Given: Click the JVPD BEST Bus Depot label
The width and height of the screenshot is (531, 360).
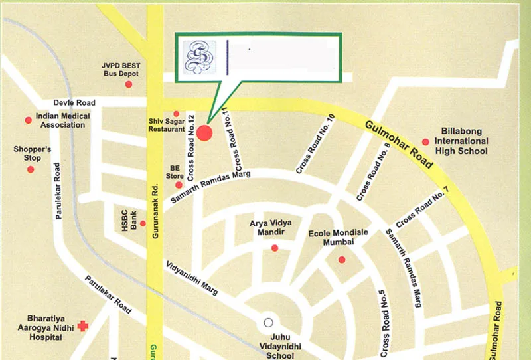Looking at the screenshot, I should pyautogui.click(x=121, y=70).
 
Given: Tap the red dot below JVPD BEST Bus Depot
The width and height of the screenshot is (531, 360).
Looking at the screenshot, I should pyautogui.click(x=129, y=84).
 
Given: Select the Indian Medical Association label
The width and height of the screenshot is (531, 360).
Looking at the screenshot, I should pyautogui.click(x=63, y=120).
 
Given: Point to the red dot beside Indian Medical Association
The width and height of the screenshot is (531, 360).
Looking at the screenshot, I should pyautogui.click(x=28, y=120).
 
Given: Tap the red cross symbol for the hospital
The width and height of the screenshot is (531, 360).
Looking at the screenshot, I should pyautogui.click(x=82, y=326).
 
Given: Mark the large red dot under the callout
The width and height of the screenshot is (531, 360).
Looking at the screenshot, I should pyautogui.click(x=204, y=133).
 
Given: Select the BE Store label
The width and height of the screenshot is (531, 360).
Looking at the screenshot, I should pyautogui.click(x=175, y=172).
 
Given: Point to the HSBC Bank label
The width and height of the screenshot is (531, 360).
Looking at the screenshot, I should pyautogui.click(x=129, y=222).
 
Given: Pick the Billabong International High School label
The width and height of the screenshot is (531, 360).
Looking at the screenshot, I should pyautogui.click(x=461, y=141).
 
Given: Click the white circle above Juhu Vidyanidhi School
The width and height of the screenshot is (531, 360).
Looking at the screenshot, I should pyautogui.click(x=268, y=323).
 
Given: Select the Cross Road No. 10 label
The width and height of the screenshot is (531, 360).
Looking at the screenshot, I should pyautogui.click(x=315, y=144).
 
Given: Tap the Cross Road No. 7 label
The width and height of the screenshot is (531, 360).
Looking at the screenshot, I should pyautogui.click(x=422, y=207).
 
